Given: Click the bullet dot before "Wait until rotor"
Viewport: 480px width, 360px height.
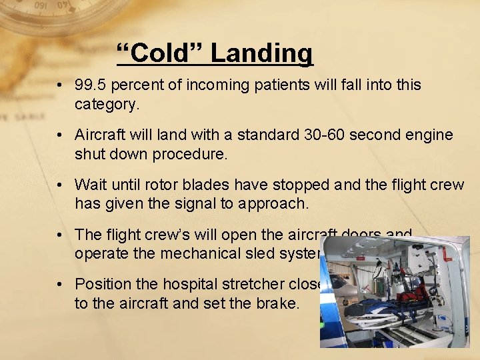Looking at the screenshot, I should pos(60,185).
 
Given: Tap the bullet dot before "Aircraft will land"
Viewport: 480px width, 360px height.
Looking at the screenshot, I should pos(60,135).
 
